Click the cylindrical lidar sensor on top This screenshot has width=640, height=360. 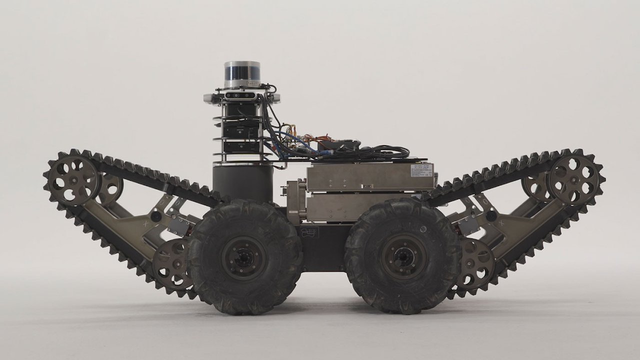(x=242, y=74)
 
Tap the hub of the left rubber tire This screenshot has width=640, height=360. (x=244, y=258)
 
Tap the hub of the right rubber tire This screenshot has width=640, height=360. (x=403, y=257)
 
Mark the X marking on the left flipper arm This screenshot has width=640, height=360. (x=145, y=224)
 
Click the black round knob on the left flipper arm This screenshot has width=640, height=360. (x=156, y=216)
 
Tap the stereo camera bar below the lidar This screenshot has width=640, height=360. (x=242, y=95)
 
